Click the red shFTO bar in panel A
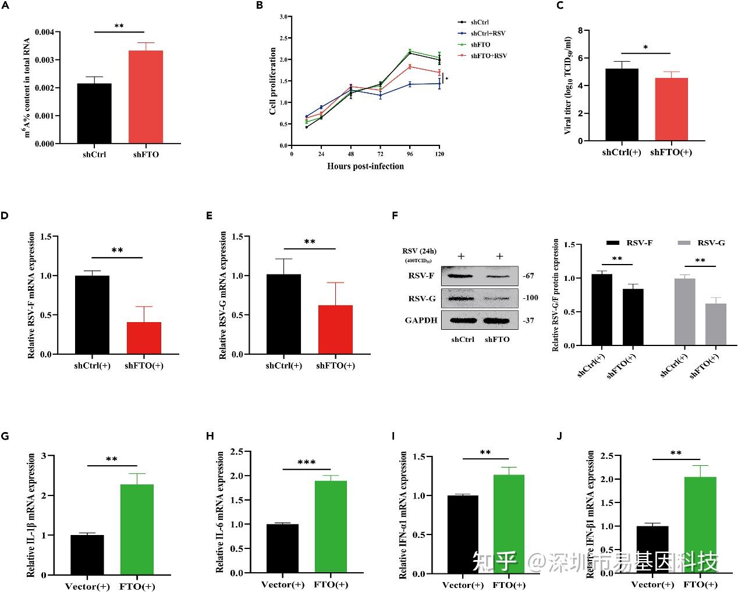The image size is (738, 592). click(146, 97)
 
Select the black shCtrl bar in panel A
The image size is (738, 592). click(94, 113)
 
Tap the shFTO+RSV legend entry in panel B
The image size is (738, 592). click(488, 56)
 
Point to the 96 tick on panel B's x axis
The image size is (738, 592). click(410, 154)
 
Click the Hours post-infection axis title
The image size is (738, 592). click(365, 166)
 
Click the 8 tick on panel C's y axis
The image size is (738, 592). click(580, 30)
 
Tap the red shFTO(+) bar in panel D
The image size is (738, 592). click(143, 338)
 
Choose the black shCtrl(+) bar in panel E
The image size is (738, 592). click(283, 314)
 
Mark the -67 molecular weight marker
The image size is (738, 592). click(528, 276)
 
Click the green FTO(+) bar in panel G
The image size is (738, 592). click(137, 529)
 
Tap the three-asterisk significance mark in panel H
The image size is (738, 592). click(306, 463)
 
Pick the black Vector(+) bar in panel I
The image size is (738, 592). click(463, 534)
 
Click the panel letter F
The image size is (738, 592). click(395, 215)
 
